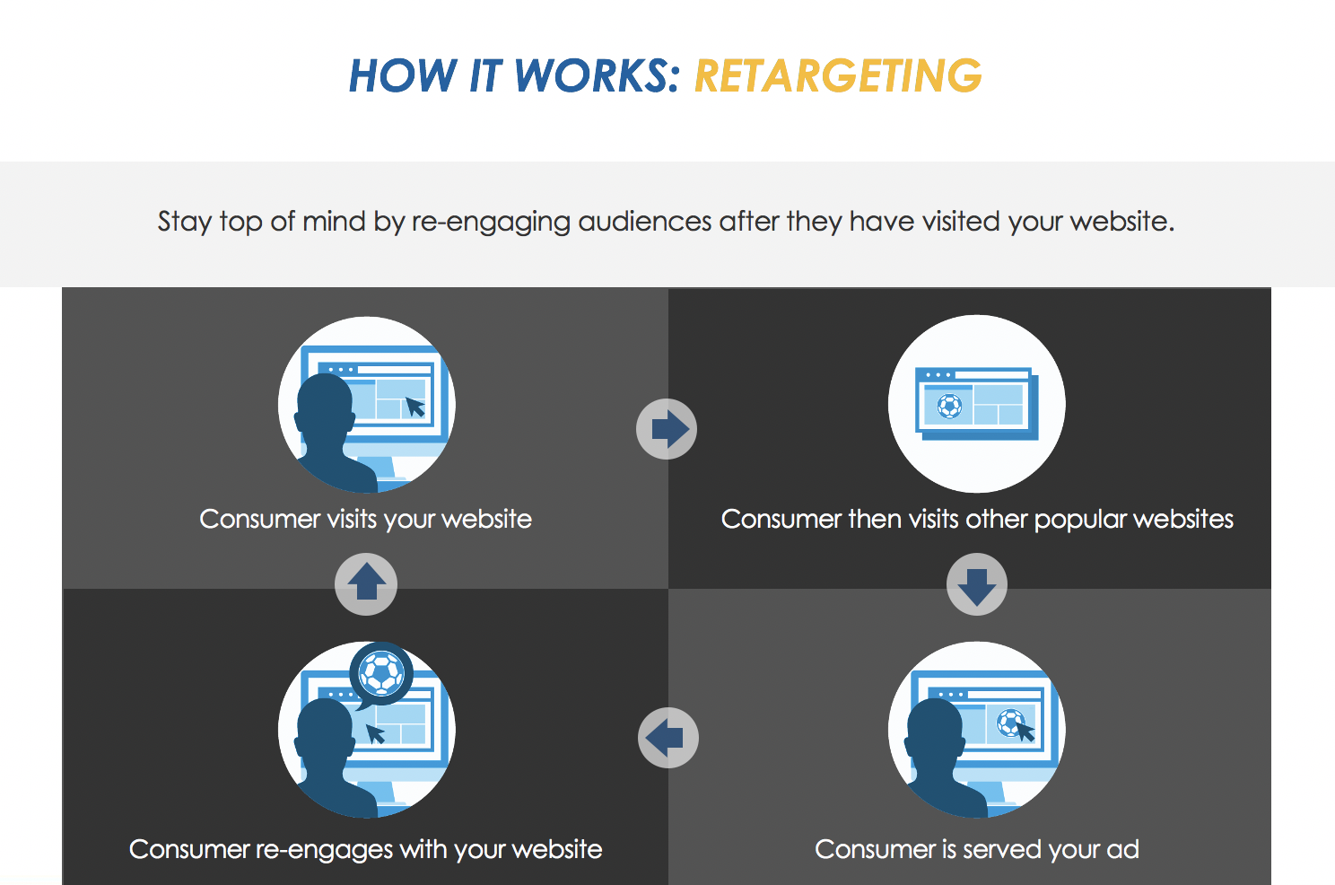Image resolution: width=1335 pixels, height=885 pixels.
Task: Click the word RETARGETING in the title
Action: pos(838,75)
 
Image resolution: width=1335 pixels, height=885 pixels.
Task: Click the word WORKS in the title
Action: pos(597,75)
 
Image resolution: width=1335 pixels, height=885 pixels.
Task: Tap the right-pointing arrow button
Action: pos(667,429)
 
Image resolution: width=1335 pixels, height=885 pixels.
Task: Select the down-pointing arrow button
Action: pos(977,583)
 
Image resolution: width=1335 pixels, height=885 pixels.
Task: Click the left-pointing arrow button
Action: pos(668,738)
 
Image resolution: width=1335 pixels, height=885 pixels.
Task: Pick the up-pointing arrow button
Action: pos(366,583)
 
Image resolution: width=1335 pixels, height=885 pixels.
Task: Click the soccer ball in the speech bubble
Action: pos(381,673)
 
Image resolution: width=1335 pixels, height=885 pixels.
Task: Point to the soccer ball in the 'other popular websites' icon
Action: pos(949,406)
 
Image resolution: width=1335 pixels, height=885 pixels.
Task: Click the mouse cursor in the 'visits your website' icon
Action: pos(415,407)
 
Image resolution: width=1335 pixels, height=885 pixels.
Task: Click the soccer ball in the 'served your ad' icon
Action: pos(1010,723)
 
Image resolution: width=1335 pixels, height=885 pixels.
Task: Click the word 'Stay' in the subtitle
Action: pos(185,222)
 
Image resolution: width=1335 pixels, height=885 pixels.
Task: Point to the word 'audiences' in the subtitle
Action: pos(644,221)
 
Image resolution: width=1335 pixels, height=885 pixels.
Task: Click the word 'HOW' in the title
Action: pos(402,75)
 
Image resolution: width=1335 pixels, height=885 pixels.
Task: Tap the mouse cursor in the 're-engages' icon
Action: pos(375,733)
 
